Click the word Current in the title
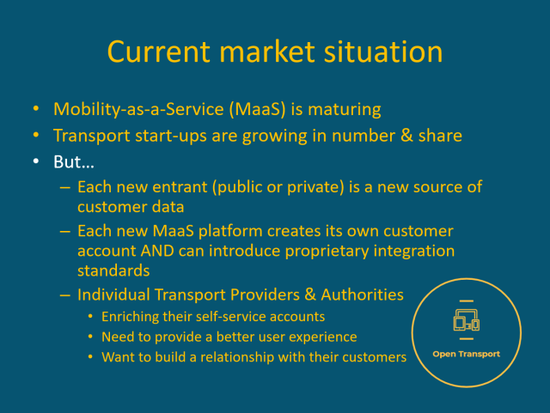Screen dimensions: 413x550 (162, 52)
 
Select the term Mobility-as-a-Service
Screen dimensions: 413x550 (136, 110)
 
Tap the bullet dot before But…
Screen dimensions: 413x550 (36, 161)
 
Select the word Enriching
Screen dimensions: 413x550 (131, 317)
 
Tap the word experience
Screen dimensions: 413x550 (323, 337)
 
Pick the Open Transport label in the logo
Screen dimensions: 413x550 (466, 354)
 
